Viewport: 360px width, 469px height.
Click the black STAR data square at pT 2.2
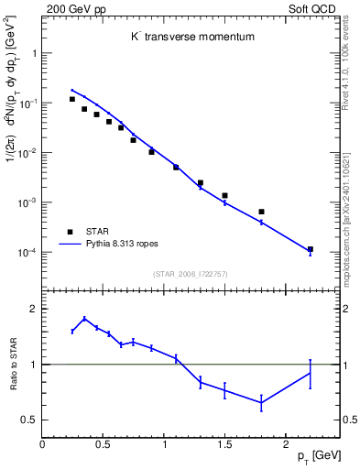click(x=310, y=249)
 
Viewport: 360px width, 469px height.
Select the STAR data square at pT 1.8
click(x=261, y=212)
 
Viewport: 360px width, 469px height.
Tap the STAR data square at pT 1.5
click(x=224, y=195)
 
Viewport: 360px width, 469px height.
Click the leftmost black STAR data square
click(x=72, y=99)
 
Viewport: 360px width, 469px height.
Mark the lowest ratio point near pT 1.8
click(x=261, y=403)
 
